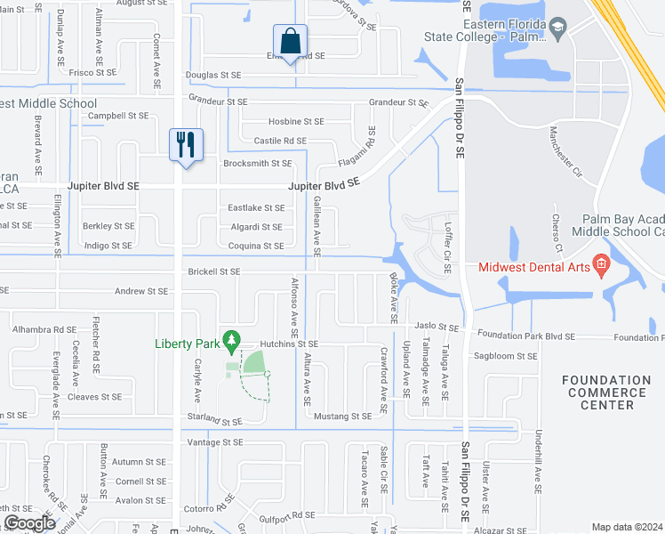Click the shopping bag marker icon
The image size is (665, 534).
(x=290, y=41)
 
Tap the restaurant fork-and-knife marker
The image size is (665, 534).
(x=186, y=144)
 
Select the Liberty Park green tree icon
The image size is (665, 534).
(x=232, y=340)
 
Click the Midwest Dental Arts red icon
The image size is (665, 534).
(x=601, y=263)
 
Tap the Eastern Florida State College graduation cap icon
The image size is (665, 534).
(x=557, y=28)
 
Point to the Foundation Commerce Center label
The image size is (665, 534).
(x=605, y=392)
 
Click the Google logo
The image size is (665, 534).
(x=29, y=522)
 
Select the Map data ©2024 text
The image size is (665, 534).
(x=627, y=527)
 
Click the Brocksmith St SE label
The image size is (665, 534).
(x=258, y=164)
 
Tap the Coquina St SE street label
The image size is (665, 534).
(x=256, y=246)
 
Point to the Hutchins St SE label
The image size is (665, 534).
(x=290, y=344)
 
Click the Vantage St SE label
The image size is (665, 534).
(x=214, y=442)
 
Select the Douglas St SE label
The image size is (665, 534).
(x=212, y=76)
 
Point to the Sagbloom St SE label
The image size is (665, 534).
(x=507, y=356)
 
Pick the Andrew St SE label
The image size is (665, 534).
(x=140, y=291)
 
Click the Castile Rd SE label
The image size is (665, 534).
(x=280, y=141)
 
